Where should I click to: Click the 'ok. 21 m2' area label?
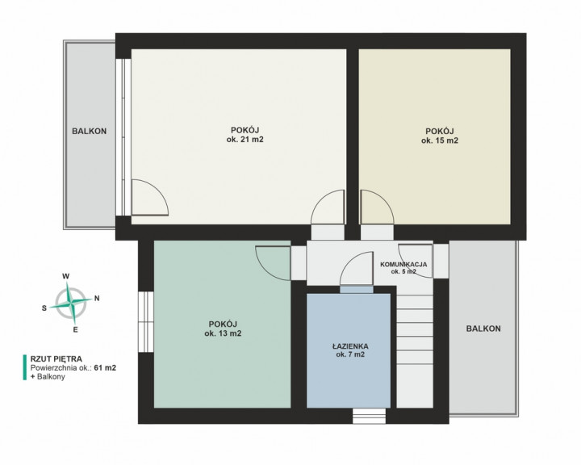[245, 140]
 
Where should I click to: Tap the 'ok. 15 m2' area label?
[440, 140]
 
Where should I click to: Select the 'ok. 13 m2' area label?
[223, 333]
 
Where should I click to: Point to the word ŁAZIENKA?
[350, 346]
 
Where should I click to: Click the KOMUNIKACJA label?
[403, 265]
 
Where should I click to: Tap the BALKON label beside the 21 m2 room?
[90, 131]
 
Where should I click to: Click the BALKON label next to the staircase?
[483, 329]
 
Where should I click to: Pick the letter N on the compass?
[97, 298]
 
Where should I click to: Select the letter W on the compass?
[65, 276]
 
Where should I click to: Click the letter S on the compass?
[44, 308]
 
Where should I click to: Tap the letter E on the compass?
[76, 329]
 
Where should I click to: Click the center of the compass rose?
[70, 303]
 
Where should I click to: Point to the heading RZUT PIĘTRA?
[56, 359]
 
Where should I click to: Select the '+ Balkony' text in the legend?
[48, 377]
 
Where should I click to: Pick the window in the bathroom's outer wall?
[369, 416]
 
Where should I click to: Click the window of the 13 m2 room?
[146, 322]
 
